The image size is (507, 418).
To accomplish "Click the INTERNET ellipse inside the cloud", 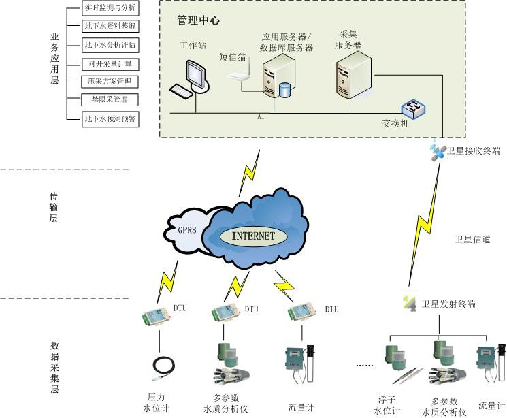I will click(x=254, y=236).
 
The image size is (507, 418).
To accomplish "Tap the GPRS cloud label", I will click(x=186, y=229).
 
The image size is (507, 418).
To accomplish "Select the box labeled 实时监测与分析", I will click(x=109, y=9).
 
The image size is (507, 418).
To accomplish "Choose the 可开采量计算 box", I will click(x=109, y=63).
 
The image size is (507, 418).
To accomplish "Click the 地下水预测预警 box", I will click(x=109, y=118).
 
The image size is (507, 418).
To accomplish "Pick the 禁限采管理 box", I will click(x=109, y=99).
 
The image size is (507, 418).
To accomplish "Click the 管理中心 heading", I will click(x=198, y=21).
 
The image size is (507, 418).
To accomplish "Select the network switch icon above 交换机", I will click(x=412, y=109).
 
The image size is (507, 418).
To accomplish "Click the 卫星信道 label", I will click(x=470, y=240).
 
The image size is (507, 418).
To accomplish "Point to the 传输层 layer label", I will click(x=54, y=207).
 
